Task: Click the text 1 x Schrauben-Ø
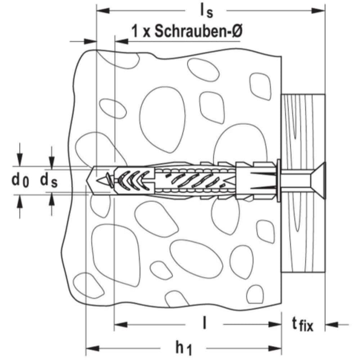187,31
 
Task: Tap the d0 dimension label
20,180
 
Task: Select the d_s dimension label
49,180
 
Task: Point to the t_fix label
302,324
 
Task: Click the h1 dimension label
184,348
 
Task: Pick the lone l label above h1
204,323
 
